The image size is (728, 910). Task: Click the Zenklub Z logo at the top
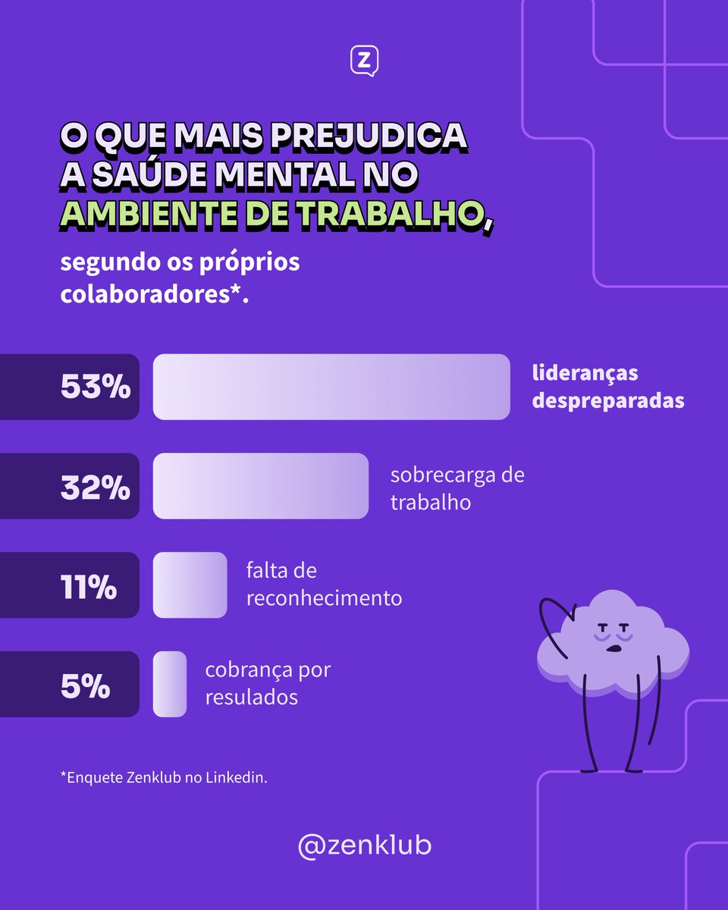click(364, 61)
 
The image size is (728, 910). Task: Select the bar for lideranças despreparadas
click(331, 387)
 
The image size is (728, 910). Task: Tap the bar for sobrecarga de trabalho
click(261, 486)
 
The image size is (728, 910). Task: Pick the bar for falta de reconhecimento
click(190, 585)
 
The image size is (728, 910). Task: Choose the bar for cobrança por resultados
click(170, 684)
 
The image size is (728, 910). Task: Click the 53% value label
click(96, 388)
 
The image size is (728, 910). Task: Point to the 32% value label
click(96, 487)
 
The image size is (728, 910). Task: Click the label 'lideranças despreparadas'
click(607, 387)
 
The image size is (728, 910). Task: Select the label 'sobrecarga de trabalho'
click(457, 488)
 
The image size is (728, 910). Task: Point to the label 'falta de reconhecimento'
click(324, 584)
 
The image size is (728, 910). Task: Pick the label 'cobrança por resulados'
click(268, 683)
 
